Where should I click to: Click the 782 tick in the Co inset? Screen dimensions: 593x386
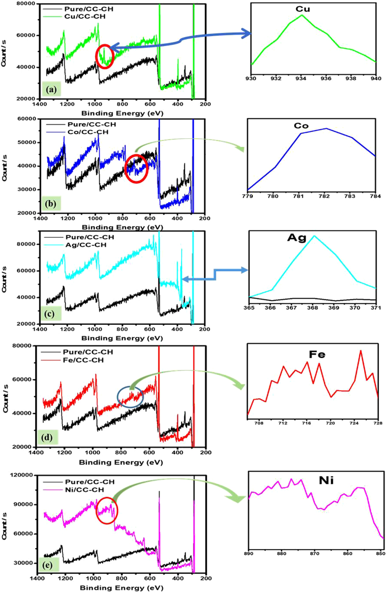pyautogui.click(x=326, y=196)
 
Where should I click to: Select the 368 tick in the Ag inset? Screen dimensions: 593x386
pyautogui.click(x=312, y=308)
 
